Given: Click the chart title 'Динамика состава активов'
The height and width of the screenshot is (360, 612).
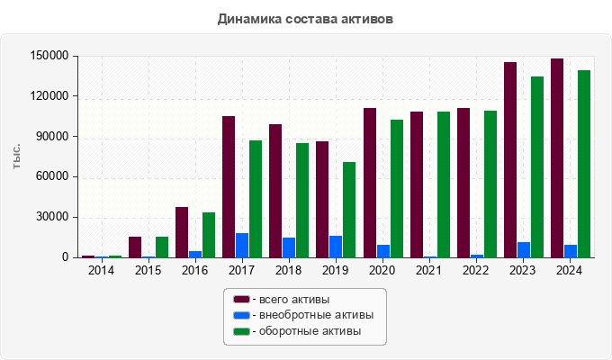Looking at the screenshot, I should click(305, 18).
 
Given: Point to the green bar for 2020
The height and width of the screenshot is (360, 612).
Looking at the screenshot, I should click(396, 188).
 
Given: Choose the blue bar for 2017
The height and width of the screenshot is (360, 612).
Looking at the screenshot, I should click(242, 245).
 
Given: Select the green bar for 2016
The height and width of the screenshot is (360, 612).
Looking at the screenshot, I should click(209, 235).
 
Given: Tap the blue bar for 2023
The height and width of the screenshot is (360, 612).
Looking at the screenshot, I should click(524, 249).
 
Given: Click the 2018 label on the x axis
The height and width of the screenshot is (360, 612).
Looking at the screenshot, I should click(289, 271).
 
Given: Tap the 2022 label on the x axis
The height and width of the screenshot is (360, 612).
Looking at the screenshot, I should click(476, 271).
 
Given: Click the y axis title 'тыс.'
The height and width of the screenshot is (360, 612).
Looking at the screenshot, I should click(18, 156).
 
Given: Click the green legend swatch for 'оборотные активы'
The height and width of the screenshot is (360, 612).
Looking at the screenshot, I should click(241, 331).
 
